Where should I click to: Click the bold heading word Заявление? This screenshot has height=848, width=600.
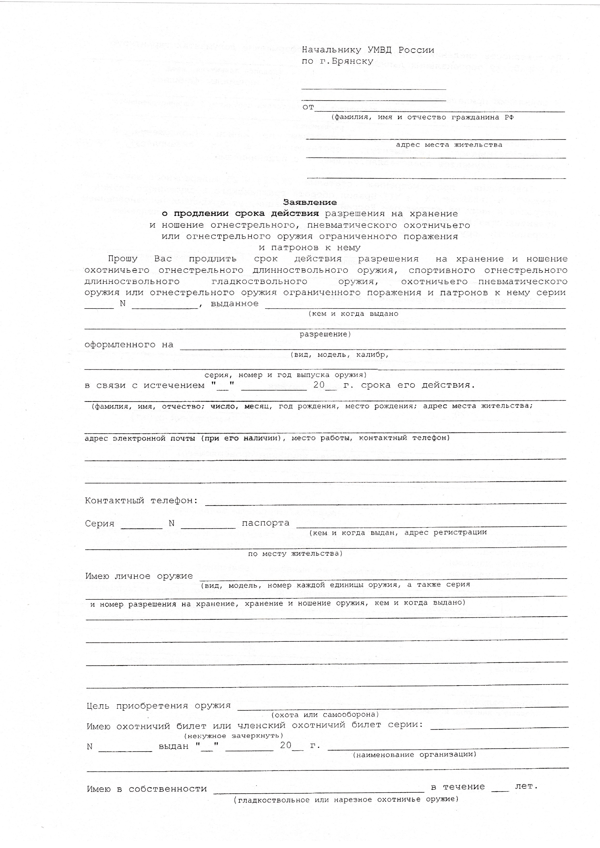coord(310,202)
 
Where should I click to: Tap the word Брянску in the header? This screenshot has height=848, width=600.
coord(352,61)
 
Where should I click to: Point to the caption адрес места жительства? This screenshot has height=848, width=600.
coord(449,145)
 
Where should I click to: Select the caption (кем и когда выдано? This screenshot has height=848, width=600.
coord(353,314)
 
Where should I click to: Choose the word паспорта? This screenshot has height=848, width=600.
coord(265,523)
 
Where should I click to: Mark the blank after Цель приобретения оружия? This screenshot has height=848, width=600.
coord(402,706)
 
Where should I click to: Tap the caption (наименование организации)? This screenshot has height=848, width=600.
coord(414,755)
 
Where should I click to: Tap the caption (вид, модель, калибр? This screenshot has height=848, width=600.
coord(339,354)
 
